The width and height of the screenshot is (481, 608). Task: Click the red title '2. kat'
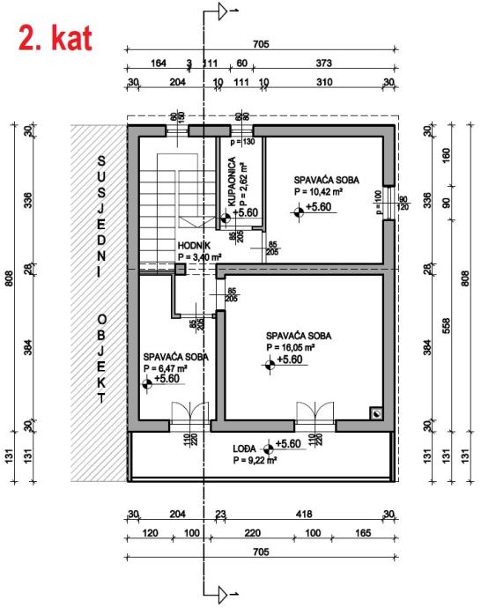tap(55, 38)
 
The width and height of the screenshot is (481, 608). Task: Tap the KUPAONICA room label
tap(232, 182)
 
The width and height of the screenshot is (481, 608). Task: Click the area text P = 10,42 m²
tap(318, 191)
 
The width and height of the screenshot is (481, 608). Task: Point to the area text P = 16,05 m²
tap(291, 347)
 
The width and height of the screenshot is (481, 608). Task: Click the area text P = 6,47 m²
tap(166, 368)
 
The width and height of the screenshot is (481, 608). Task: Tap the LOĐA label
tap(244, 449)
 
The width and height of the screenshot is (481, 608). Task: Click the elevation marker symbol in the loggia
tap(268, 449)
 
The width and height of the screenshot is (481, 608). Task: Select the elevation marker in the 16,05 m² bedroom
tap(270, 365)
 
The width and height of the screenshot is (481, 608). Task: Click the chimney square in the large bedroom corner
tap(376, 414)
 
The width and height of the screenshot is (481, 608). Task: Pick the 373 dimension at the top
tap(323, 63)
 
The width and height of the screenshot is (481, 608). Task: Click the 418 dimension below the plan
tap(304, 515)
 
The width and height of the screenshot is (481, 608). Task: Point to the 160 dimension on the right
tap(447, 155)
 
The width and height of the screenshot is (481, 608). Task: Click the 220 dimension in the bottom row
tap(252, 533)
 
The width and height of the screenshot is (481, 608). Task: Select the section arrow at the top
tap(222, 11)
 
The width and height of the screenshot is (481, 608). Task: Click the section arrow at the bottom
tap(222, 594)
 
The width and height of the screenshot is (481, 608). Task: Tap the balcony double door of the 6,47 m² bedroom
tap(190, 414)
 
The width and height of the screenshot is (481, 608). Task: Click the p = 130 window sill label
tap(242, 142)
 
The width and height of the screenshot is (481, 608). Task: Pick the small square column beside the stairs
tap(181, 269)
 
